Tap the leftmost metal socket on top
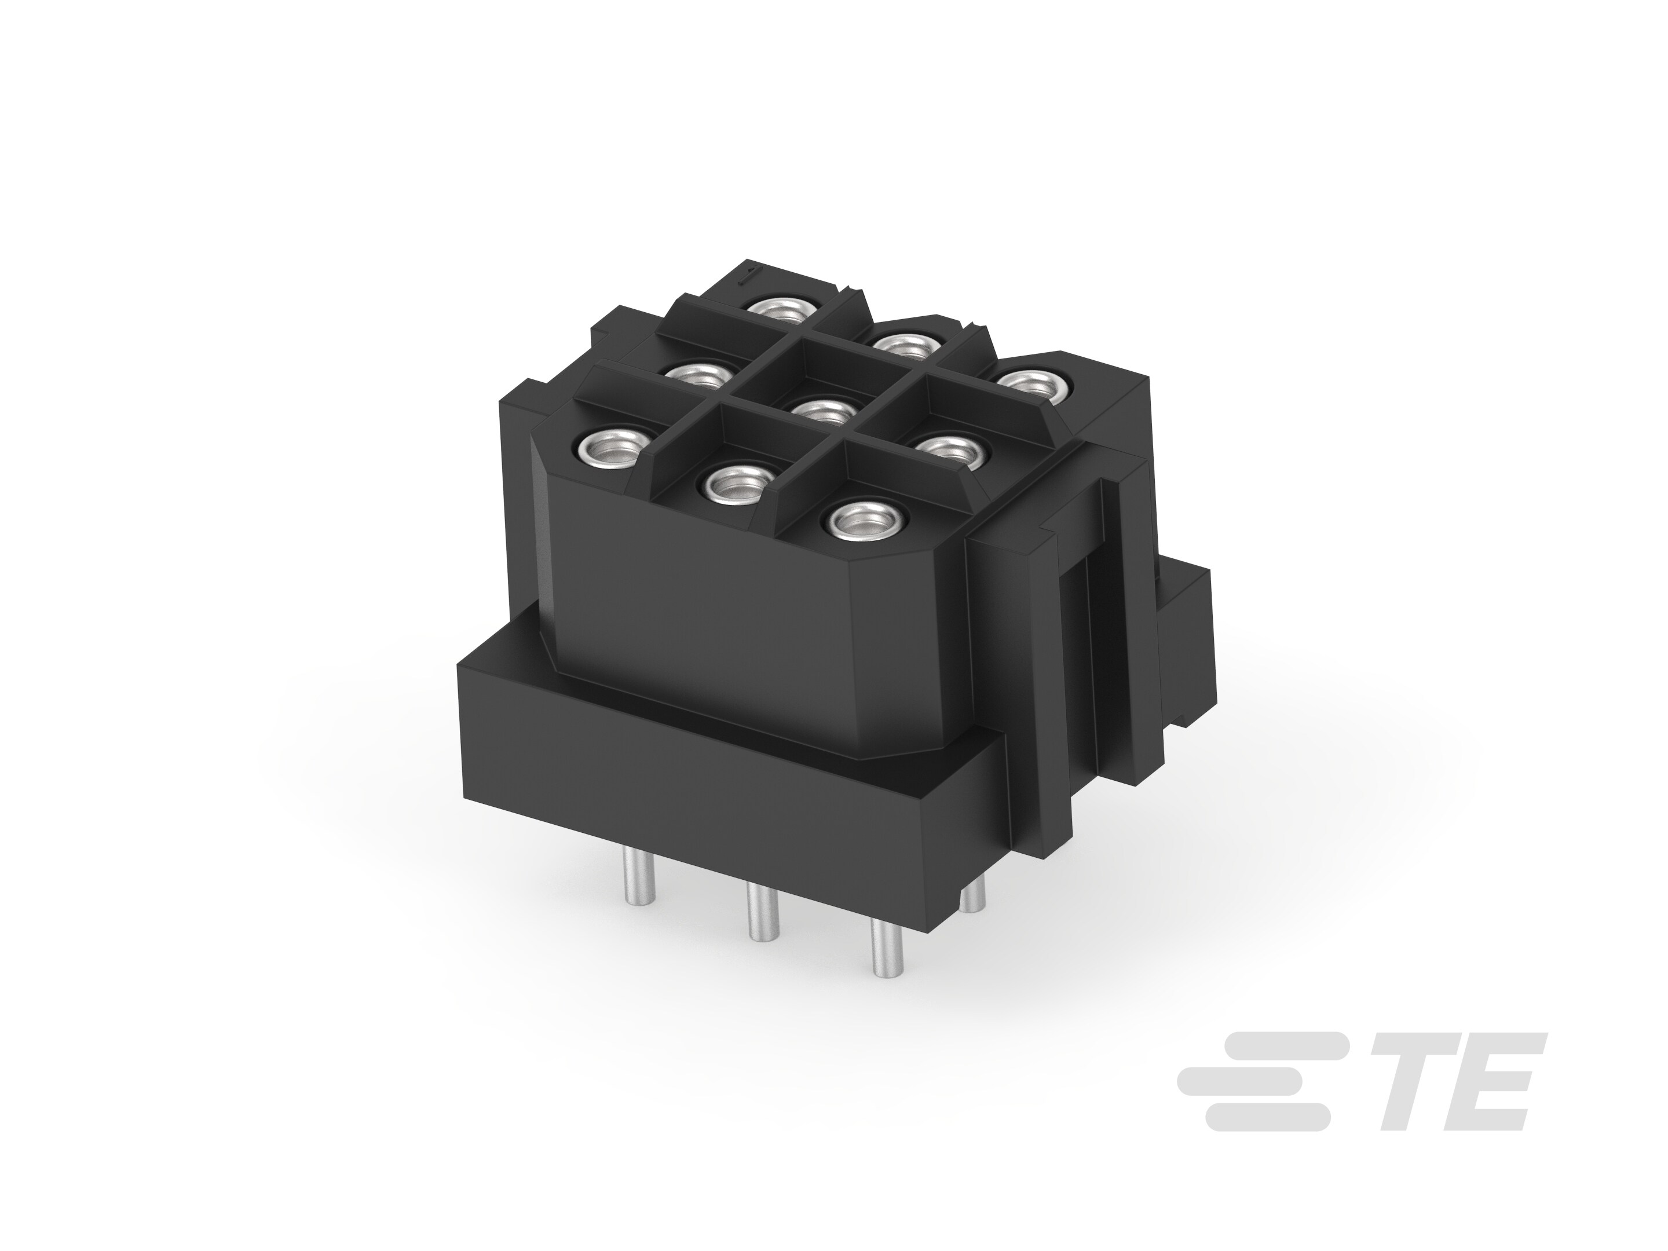click(x=609, y=450)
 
